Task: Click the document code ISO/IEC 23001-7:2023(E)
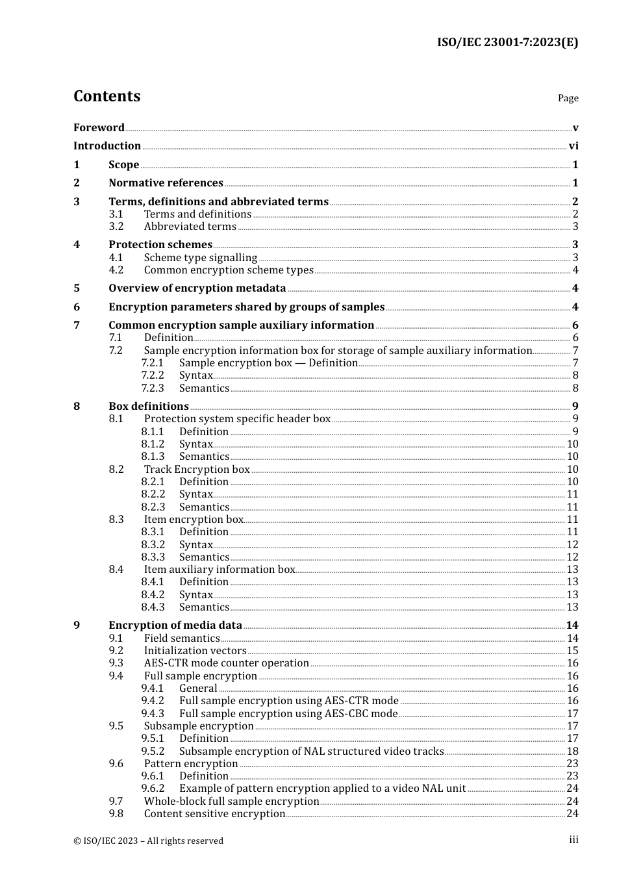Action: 507,43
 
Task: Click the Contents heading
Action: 107,96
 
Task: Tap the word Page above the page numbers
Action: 568,98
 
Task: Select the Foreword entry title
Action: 99,128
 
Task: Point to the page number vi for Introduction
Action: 573,146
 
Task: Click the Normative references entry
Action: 166,183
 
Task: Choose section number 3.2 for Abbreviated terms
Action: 116,227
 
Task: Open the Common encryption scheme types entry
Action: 229,270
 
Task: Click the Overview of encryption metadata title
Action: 197,288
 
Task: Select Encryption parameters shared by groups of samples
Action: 247,307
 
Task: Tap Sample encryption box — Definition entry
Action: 268,363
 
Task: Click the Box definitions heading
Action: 149,407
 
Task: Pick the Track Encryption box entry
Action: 197,470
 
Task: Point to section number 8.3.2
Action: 153,545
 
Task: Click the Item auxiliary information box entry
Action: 220,570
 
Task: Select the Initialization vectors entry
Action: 195,651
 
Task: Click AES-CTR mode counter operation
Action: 227,663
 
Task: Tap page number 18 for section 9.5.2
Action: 572,752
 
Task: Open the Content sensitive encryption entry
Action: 215,814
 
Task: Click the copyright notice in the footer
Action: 149,841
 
